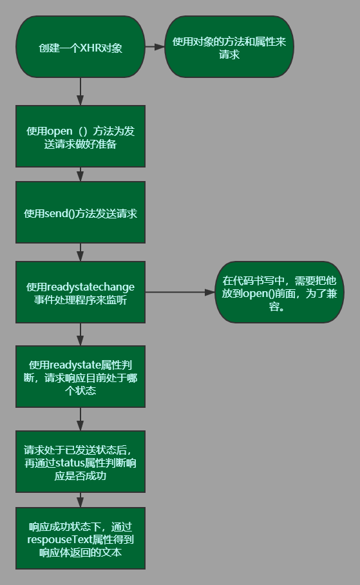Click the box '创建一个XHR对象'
pos(81,46)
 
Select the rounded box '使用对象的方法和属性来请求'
pos(229,46)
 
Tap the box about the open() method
pos(81,136)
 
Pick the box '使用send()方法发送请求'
pos(81,212)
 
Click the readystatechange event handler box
pos(81,292)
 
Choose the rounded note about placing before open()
pos(279,292)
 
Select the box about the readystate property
pos(81,376)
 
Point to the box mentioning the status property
pos(81,461)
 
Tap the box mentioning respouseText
pos(81,538)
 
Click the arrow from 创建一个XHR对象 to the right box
pos(155,46)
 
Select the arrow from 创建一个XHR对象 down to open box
pos(81,91)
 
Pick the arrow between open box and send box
pos(81,174)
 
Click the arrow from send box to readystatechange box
pos(81,252)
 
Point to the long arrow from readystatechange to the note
pos(180,292)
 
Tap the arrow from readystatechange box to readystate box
pos(81,334)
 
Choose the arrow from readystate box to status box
pos(81,419)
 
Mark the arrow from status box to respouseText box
pos(81,500)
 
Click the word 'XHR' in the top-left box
pos(90,48)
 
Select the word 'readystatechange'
pos(91,287)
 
